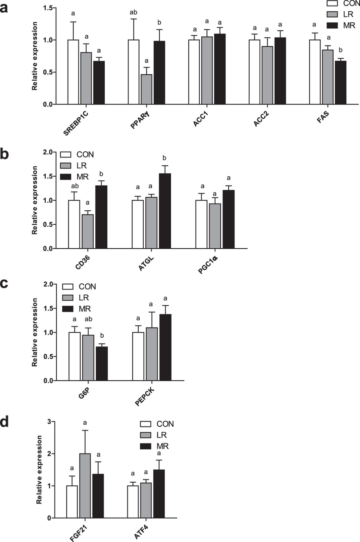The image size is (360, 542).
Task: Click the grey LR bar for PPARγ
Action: [x=146, y=89]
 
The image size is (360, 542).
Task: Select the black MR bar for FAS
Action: [x=340, y=82]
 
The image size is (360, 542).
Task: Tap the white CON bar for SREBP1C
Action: [x=73, y=72]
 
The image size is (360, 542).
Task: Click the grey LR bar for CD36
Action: [x=88, y=231]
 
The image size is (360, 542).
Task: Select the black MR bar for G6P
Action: [x=102, y=364]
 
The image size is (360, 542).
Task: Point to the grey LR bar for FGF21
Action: [x=85, y=485]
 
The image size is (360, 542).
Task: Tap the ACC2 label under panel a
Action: [x=261, y=119]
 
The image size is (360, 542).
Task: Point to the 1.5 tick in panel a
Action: [x=48, y=8]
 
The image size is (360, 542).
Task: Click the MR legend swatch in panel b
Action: [x=65, y=177]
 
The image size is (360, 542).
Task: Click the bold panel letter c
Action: [x=4, y=284]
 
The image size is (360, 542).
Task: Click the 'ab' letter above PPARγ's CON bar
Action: [x=133, y=13]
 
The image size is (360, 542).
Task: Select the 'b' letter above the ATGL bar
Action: [x=165, y=158]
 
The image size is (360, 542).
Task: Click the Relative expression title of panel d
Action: [x=39, y=470]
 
